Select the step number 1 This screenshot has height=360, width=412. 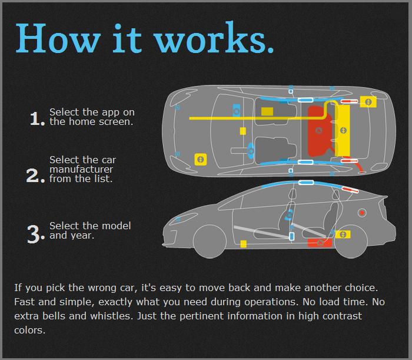[x=36, y=118]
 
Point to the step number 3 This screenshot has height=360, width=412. [x=35, y=233]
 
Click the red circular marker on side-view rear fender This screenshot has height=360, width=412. [x=362, y=213]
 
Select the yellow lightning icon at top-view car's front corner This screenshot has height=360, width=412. [x=200, y=159]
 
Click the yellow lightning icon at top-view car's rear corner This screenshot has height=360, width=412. [x=368, y=102]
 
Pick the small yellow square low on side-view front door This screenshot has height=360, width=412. [x=243, y=243]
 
